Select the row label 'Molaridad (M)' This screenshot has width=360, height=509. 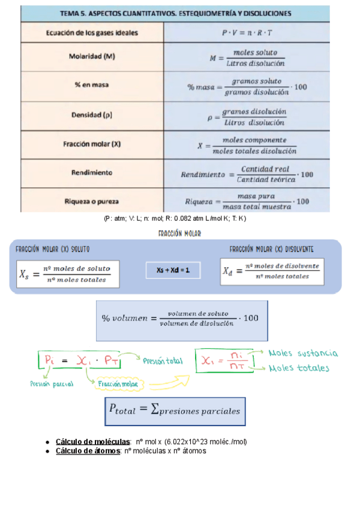coord(92,57)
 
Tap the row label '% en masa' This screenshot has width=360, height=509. coord(92,85)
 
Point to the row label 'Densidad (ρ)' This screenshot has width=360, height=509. coord(92,114)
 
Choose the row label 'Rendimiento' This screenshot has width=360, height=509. coord(92,172)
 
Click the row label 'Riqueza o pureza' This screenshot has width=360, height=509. coord(92,201)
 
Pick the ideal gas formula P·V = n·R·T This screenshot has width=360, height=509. coord(247,32)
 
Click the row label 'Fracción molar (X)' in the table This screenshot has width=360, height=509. coord(92,144)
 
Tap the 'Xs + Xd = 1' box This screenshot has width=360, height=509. coord(173,271)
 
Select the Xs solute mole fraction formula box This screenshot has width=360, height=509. coord(67,273)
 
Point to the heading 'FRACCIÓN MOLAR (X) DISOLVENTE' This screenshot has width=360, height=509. coord(271,249)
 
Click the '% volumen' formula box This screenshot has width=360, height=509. coord(180,318)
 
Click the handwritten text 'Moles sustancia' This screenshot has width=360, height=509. coord(303,354)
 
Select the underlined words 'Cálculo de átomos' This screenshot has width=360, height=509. coord(88,451)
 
